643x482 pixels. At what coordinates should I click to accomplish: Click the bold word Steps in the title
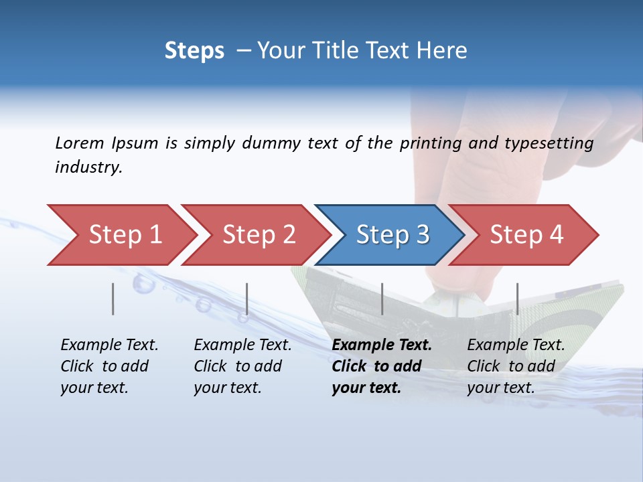click(194, 51)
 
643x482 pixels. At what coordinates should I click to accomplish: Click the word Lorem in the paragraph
click(80, 143)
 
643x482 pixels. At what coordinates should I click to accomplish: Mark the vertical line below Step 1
click(113, 299)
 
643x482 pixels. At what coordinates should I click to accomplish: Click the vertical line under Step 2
click(247, 299)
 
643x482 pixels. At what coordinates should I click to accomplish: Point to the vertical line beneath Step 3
click(382, 299)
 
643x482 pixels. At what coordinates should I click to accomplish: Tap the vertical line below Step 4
click(517, 299)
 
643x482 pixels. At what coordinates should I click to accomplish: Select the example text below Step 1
click(109, 366)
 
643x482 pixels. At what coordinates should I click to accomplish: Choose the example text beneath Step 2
click(242, 366)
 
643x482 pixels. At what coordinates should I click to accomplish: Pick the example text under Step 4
click(516, 366)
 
